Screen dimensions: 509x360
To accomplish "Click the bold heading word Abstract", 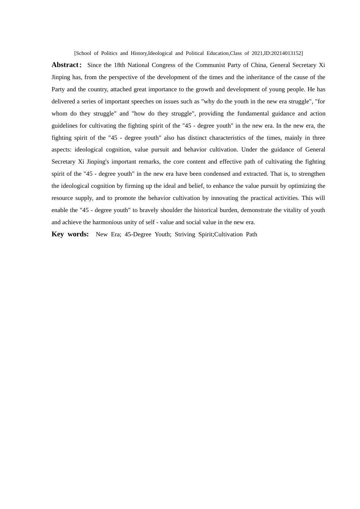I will (x=65, y=65).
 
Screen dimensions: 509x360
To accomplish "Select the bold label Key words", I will (x=70, y=234).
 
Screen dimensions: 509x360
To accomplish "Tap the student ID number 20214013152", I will (x=286, y=53).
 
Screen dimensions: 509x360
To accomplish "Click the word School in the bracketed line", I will (x=83, y=53).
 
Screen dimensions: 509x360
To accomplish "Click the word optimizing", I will (x=302, y=186).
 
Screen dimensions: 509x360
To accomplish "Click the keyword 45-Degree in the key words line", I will (x=138, y=234).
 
